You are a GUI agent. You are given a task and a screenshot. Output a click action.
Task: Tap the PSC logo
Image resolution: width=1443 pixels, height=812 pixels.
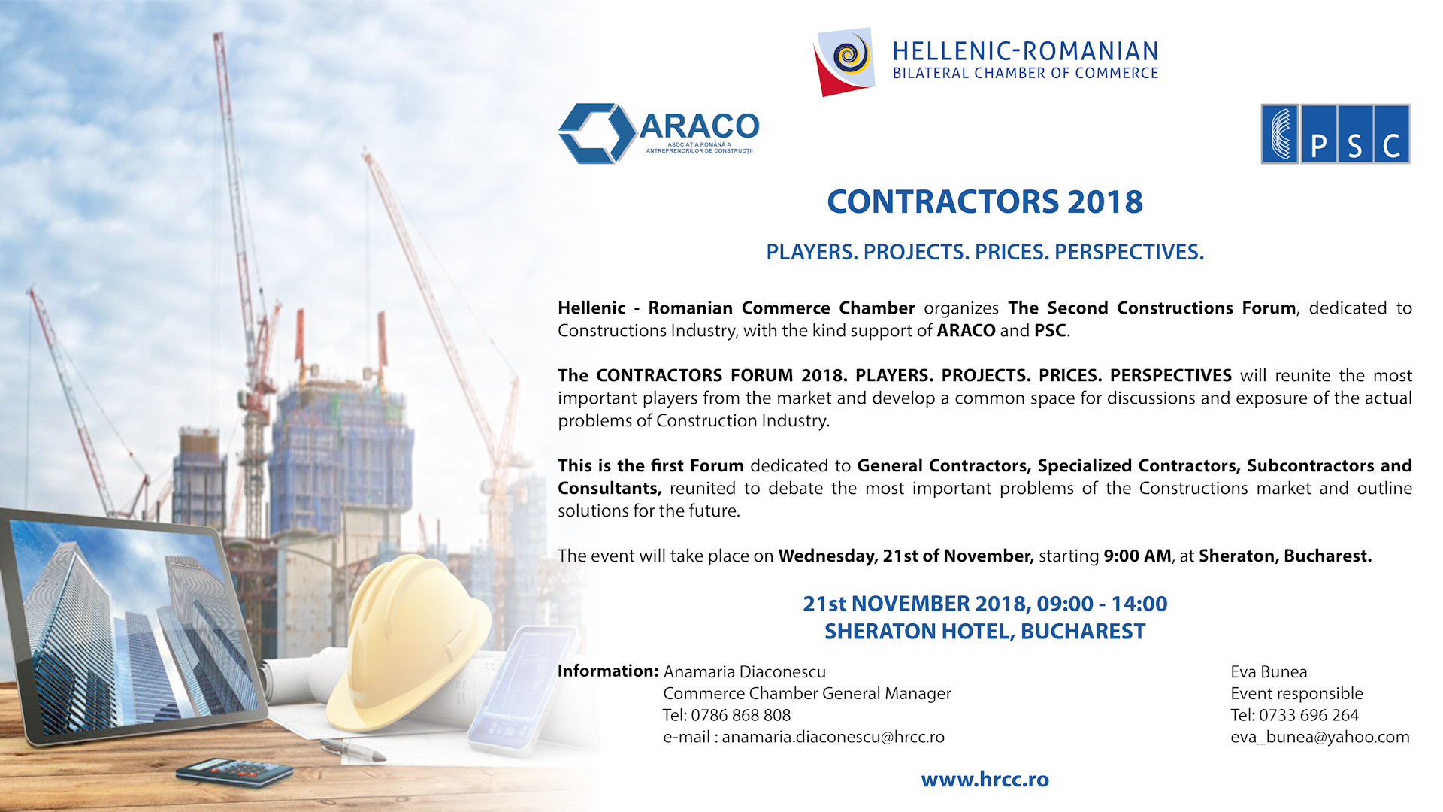tap(1335, 134)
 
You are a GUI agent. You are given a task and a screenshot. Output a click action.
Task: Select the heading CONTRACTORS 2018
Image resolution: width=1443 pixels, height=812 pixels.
tap(985, 201)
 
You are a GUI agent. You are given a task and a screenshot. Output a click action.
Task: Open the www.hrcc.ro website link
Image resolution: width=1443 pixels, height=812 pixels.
tap(985, 780)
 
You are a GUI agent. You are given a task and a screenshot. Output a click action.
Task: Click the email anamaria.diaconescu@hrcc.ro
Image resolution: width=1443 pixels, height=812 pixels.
tap(833, 737)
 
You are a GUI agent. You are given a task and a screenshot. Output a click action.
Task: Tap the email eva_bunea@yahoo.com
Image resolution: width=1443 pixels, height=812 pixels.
tap(1320, 737)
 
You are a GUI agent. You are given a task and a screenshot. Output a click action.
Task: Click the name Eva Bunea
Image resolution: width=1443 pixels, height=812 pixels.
tap(1269, 671)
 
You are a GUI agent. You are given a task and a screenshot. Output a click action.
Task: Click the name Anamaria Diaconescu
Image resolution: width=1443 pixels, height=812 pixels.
tap(744, 671)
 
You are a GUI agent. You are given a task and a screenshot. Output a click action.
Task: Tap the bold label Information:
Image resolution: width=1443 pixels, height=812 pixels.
tap(608, 671)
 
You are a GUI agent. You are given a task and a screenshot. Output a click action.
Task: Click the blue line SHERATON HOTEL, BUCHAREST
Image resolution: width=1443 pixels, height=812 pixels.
tap(985, 632)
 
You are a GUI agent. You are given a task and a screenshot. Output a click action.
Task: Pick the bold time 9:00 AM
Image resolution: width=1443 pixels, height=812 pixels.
tap(1137, 556)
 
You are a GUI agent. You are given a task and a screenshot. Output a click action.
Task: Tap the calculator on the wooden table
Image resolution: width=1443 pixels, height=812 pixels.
tap(234, 772)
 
